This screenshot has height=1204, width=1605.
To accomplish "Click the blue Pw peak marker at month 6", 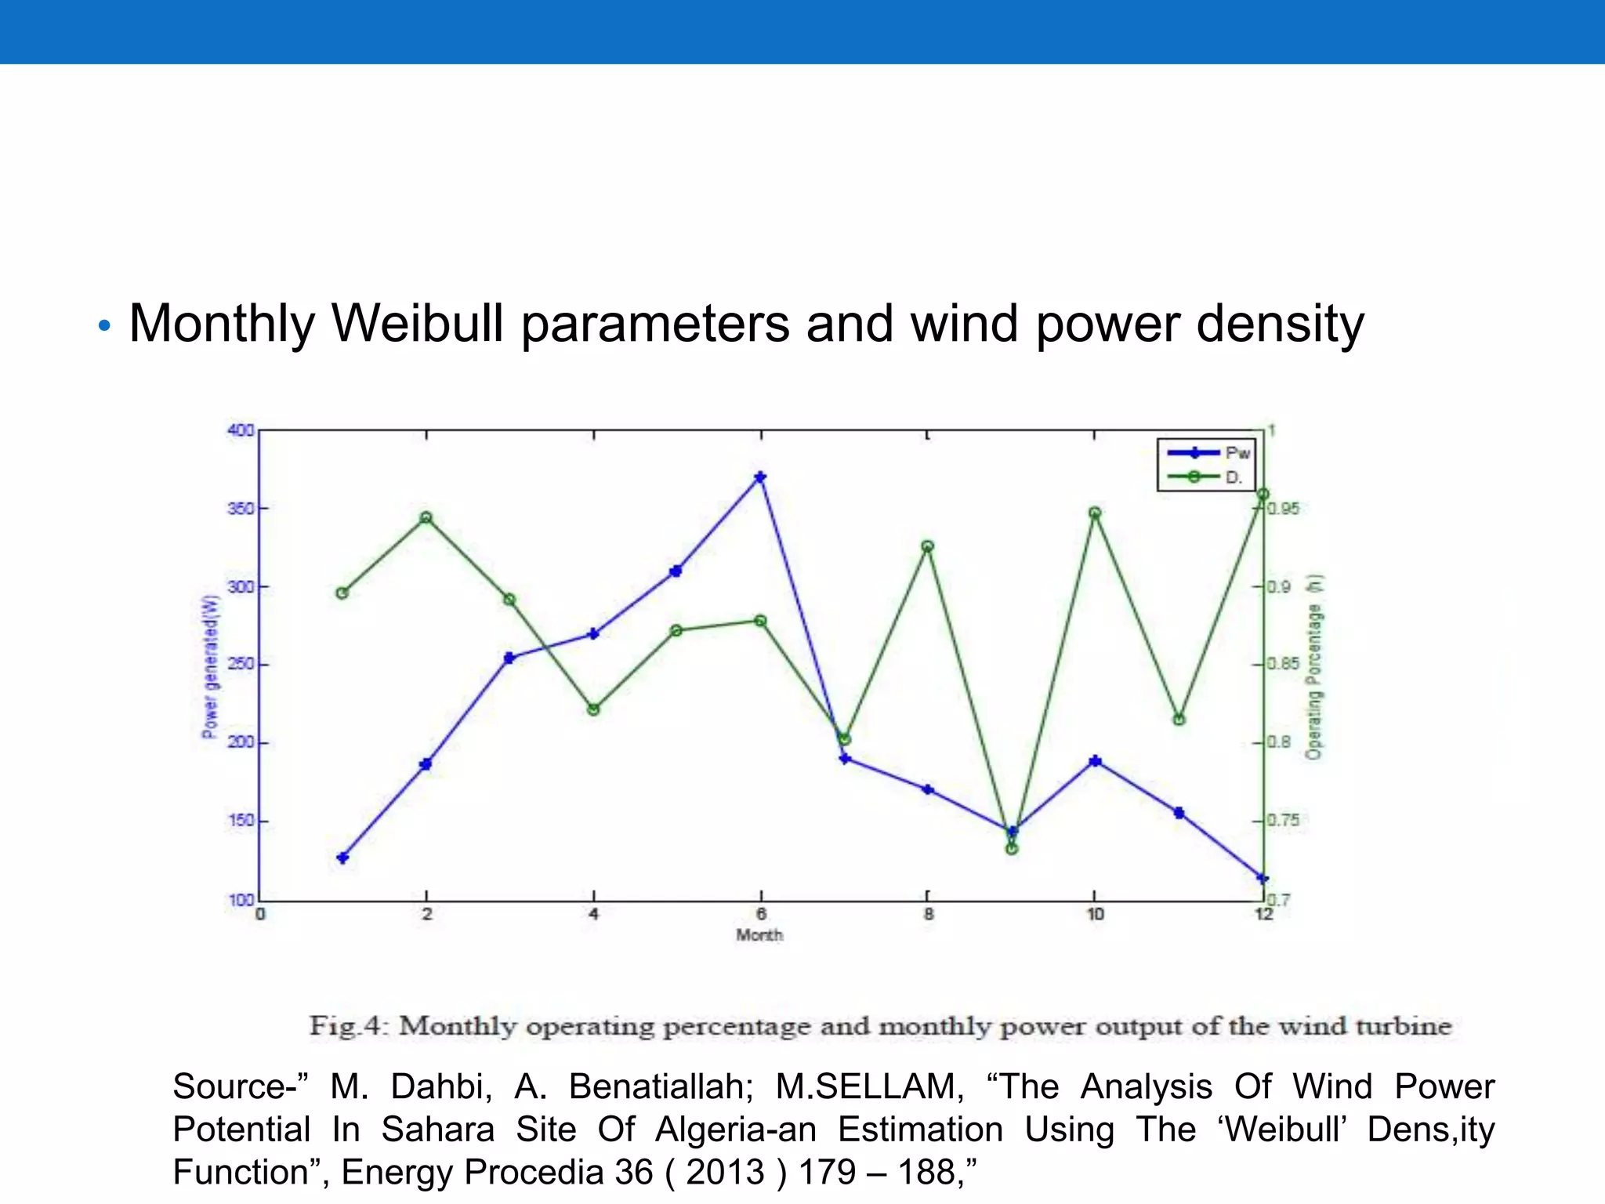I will tap(760, 477).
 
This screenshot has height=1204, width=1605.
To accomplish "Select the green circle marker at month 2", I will tap(426, 518).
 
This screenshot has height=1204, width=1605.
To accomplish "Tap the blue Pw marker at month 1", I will tap(342, 858).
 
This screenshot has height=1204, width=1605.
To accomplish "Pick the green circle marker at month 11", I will tap(1179, 720).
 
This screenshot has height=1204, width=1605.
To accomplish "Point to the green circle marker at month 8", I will tap(928, 546).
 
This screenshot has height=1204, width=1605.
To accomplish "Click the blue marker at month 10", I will tap(1096, 761).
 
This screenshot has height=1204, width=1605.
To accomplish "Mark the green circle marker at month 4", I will tap(593, 710).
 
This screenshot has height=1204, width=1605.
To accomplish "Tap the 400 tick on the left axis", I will tap(241, 430).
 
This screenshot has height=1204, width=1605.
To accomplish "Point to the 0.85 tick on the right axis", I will tap(1283, 665).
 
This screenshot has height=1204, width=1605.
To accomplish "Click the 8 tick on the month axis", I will tap(928, 914).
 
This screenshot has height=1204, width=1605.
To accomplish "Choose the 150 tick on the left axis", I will tap(241, 821).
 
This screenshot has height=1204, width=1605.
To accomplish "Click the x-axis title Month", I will tap(759, 935).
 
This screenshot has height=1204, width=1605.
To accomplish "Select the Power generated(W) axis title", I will tap(210, 666).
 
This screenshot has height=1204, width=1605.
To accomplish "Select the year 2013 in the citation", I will tap(725, 1173).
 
